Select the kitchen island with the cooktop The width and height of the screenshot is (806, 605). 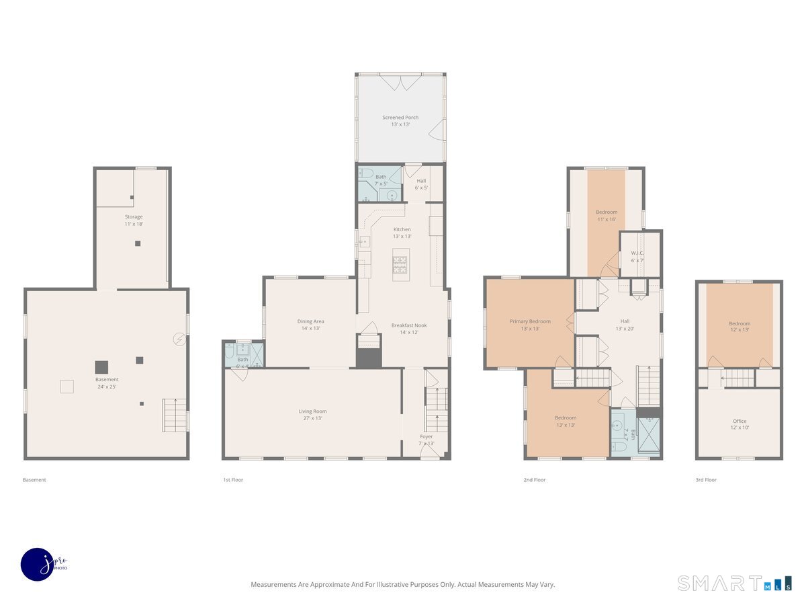[x=401, y=264]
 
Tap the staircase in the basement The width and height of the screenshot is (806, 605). [x=175, y=415]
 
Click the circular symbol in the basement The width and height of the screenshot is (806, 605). [x=179, y=339]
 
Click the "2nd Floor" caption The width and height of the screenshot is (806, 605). [x=535, y=480]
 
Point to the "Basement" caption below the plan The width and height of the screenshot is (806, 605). [x=34, y=480]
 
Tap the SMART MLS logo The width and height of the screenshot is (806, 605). [x=734, y=583]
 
